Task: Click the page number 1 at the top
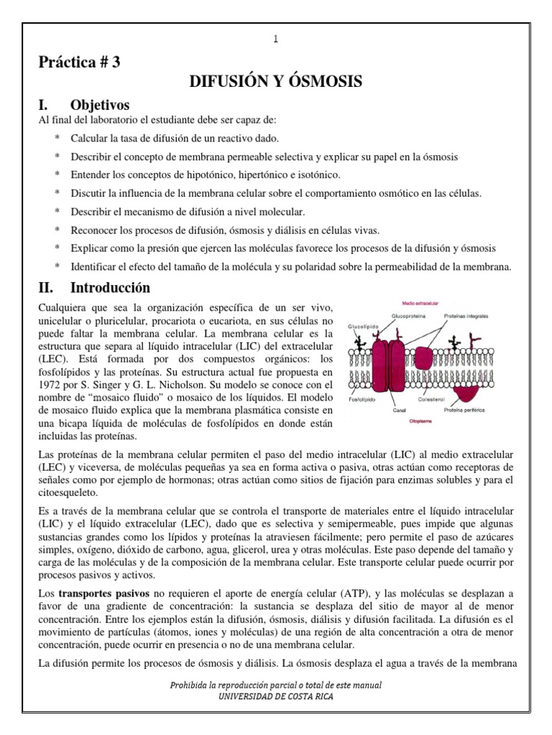[x=275, y=39]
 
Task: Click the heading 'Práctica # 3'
[x=79, y=62]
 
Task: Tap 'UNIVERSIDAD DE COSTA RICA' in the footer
[x=275, y=696]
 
